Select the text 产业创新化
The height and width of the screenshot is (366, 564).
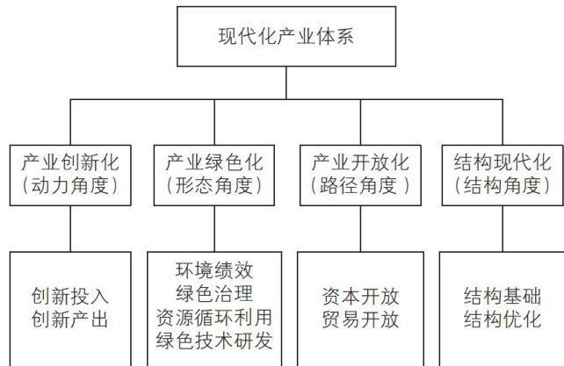pyautogui.click(x=69, y=162)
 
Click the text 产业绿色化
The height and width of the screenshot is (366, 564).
pyautogui.click(x=214, y=162)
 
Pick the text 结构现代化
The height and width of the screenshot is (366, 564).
pyautogui.click(x=502, y=162)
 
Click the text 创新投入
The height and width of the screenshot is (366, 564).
pyautogui.click(x=69, y=297)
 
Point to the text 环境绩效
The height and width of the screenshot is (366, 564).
pyautogui.click(x=214, y=269)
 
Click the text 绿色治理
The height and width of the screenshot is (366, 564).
pyautogui.click(x=214, y=292)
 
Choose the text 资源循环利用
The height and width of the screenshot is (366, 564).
pyautogui.click(x=214, y=316)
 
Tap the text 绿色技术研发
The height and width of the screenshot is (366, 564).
pyautogui.click(x=214, y=340)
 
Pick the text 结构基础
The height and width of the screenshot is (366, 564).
pyautogui.click(x=502, y=297)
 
